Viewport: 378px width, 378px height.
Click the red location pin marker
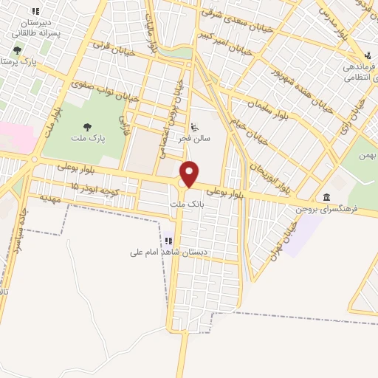190,174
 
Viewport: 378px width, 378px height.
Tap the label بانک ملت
186,203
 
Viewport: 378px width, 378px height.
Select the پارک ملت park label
88,138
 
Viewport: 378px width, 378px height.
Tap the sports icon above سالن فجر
194,126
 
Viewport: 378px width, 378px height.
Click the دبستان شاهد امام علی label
169,252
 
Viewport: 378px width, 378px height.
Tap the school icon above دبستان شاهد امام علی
169,241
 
